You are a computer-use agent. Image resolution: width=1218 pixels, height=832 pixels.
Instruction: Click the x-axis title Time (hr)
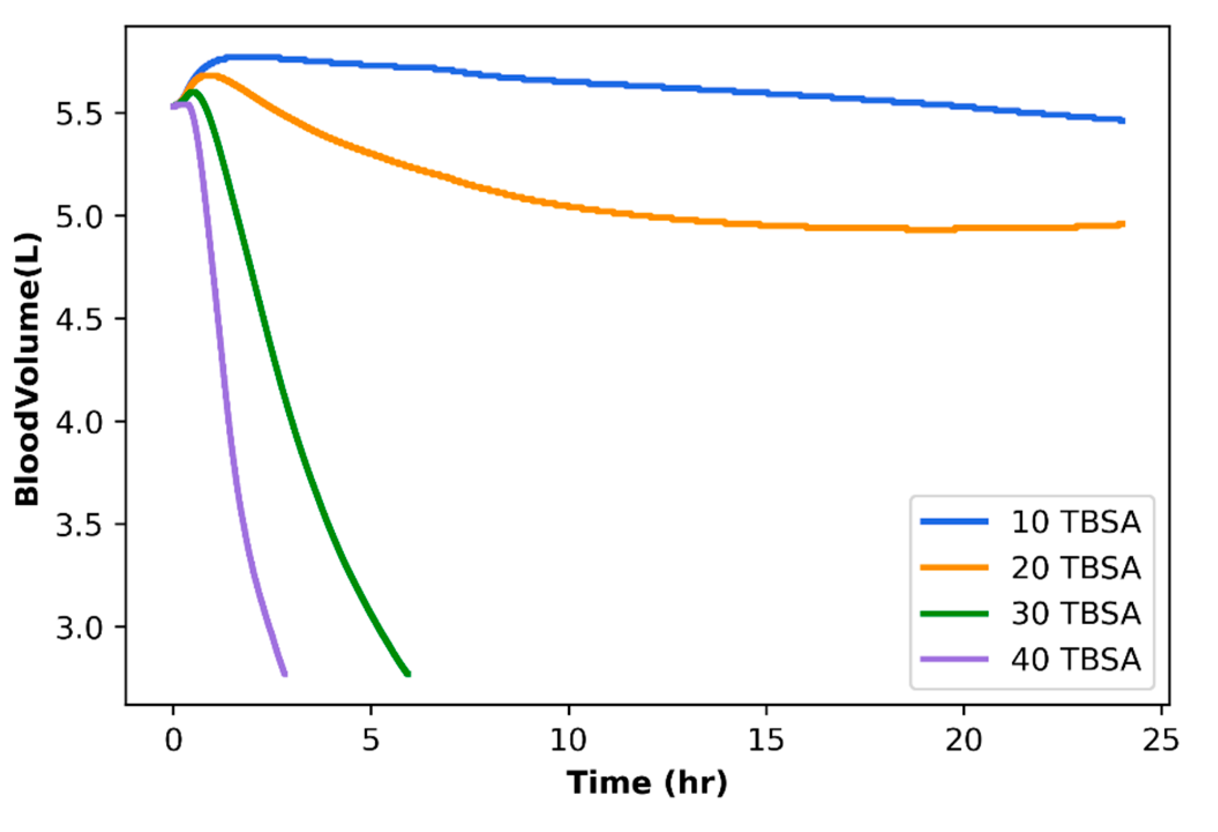click(x=646, y=784)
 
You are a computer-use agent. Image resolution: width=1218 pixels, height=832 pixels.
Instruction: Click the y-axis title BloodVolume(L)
click(x=28, y=370)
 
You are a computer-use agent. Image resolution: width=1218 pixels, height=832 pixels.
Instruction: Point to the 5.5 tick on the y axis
click(x=78, y=114)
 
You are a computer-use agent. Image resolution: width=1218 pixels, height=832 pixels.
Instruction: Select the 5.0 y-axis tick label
click(x=78, y=217)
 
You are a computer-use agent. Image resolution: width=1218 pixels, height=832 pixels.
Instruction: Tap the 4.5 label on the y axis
click(x=78, y=319)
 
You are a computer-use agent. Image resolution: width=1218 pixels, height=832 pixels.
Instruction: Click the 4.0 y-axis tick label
click(x=78, y=422)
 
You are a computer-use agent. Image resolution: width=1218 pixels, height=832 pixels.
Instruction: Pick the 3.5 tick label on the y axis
click(x=78, y=525)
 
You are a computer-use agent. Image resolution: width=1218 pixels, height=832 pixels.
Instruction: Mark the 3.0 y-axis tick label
click(x=78, y=628)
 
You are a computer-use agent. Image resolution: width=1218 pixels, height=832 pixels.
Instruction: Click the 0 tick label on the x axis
click(x=173, y=740)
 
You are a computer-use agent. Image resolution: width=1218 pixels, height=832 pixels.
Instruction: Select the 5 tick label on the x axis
click(x=370, y=740)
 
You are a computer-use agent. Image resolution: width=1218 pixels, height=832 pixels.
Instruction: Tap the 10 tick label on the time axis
click(x=568, y=740)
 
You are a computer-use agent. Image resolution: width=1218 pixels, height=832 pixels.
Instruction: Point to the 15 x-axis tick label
click(x=766, y=740)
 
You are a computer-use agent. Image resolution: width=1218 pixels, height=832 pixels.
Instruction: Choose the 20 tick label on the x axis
click(x=964, y=740)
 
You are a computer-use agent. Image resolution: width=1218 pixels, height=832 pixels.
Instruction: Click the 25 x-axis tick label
click(x=1161, y=740)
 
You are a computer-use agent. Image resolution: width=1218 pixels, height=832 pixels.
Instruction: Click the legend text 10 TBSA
click(x=1075, y=522)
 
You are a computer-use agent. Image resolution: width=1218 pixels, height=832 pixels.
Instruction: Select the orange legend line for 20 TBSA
click(x=954, y=568)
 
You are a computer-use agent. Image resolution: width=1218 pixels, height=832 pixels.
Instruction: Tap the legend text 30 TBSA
click(x=1075, y=613)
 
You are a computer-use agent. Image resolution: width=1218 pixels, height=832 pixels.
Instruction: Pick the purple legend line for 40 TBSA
click(x=954, y=659)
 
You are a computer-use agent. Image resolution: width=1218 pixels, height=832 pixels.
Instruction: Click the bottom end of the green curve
click(x=407, y=673)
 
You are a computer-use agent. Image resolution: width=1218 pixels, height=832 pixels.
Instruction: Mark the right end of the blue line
click(x=1122, y=121)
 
